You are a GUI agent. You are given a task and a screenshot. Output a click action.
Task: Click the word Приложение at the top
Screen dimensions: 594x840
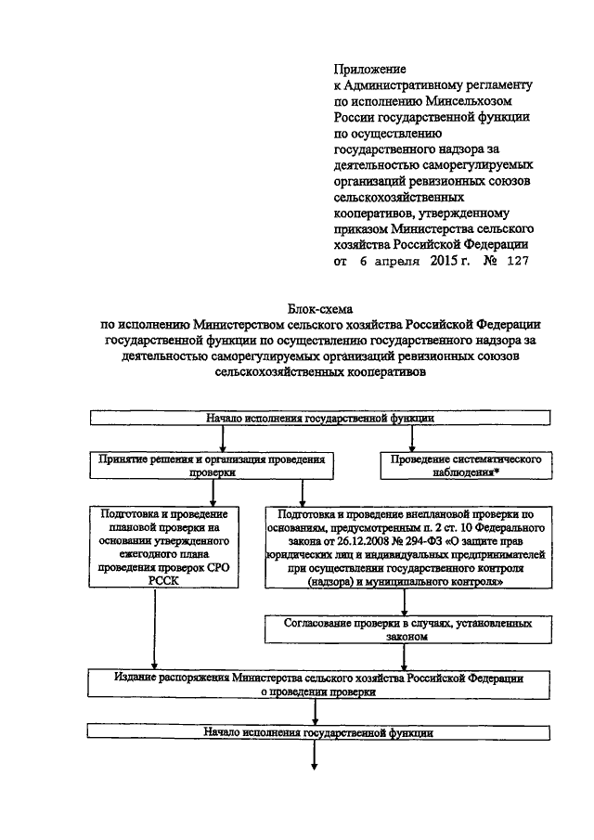click(x=369, y=69)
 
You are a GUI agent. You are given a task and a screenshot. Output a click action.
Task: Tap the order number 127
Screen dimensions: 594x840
click(x=517, y=261)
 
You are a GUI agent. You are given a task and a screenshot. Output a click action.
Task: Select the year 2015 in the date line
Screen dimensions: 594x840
click(x=444, y=261)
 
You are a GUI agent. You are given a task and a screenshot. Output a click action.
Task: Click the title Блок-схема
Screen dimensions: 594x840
click(x=320, y=309)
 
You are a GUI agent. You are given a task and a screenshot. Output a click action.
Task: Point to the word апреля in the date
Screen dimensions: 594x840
click(x=397, y=262)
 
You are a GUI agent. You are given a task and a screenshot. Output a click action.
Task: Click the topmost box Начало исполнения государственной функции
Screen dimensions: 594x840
click(x=320, y=418)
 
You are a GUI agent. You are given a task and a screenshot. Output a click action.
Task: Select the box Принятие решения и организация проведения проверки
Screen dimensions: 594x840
click(x=212, y=466)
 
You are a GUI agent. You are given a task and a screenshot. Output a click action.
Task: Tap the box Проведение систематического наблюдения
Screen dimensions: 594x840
click(x=465, y=466)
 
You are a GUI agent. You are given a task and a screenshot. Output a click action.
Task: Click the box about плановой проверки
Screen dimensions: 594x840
click(x=164, y=547)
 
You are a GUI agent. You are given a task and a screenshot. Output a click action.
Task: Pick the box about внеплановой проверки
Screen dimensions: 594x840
click(x=408, y=547)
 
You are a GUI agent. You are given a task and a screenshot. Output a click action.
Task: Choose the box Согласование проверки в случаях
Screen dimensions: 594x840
click(x=408, y=629)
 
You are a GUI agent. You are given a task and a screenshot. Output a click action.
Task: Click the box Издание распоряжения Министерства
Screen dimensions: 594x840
click(x=318, y=684)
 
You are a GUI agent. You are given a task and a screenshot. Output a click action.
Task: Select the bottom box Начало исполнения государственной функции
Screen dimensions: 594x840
click(x=318, y=732)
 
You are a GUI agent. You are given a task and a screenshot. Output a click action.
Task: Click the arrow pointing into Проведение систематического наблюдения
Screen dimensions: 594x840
click(x=412, y=439)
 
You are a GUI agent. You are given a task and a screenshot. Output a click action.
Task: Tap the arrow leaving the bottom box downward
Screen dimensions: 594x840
click(x=315, y=756)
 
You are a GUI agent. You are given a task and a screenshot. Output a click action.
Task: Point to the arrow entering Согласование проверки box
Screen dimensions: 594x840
click(x=405, y=602)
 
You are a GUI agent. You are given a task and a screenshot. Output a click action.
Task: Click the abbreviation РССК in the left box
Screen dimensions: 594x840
click(x=164, y=581)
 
